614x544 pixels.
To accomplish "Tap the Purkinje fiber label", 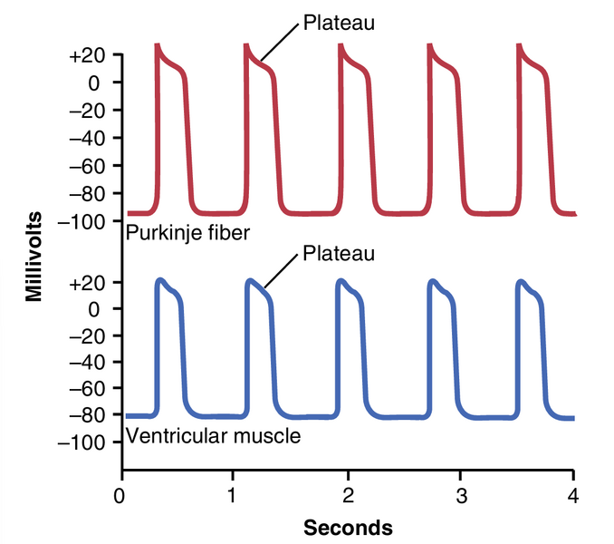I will (x=188, y=233).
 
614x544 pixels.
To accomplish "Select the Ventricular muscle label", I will (x=214, y=436).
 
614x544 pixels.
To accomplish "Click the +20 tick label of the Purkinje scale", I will (x=88, y=55).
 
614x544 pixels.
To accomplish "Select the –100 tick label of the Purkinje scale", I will (x=83, y=221).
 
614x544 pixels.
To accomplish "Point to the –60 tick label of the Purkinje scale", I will (x=88, y=166).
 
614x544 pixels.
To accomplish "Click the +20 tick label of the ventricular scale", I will (x=88, y=282).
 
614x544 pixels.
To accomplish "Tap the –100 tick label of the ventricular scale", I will (x=83, y=442).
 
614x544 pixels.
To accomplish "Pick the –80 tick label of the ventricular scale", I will (x=88, y=414).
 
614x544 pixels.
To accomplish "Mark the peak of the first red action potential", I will (x=158, y=44).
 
